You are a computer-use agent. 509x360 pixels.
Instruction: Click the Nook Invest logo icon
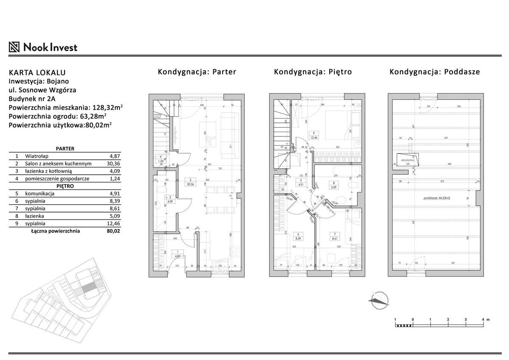(15, 47)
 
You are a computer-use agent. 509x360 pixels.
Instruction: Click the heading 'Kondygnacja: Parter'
(197, 72)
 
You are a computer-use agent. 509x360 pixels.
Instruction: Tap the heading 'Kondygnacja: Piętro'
(313, 72)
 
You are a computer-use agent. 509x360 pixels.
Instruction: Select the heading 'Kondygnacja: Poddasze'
(435, 72)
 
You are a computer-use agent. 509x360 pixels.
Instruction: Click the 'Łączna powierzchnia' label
(55, 231)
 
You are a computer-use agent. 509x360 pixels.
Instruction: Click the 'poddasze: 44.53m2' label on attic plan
(436, 198)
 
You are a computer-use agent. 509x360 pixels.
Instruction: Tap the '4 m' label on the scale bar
(485, 319)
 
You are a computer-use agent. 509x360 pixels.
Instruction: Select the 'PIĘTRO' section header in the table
(65, 186)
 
